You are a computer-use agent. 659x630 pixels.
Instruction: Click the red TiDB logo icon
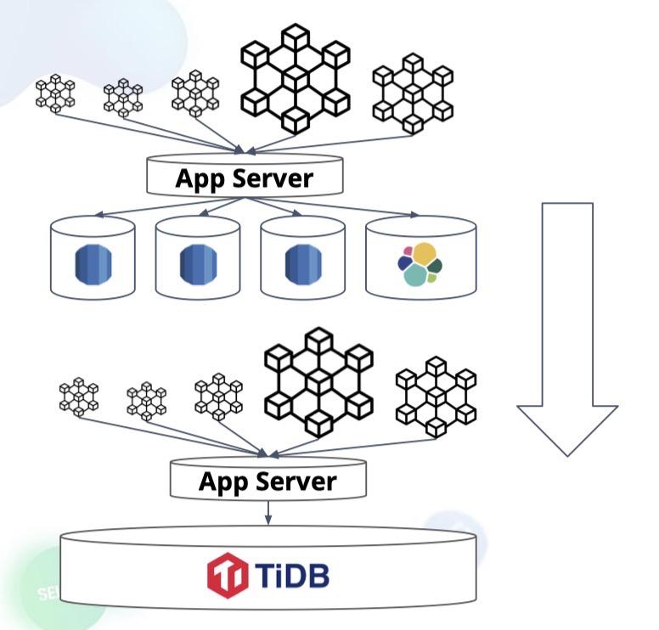pyautogui.click(x=227, y=575)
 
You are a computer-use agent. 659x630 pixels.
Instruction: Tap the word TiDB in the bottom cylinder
pyautogui.click(x=290, y=575)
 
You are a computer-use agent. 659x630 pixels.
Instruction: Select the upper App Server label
pyautogui.click(x=245, y=179)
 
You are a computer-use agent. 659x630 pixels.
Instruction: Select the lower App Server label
pyautogui.click(x=268, y=481)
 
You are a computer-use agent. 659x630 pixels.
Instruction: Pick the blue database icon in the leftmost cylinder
pyautogui.click(x=92, y=263)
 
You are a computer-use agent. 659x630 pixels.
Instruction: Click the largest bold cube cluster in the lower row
pyautogui.click(x=318, y=385)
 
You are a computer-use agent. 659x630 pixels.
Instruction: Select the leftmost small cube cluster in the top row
pyautogui.click(x=55, y=94)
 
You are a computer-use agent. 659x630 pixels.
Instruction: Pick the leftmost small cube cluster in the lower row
pyautogui.click(x=79, y=397)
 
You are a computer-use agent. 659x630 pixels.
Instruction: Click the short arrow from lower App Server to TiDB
pyautogui.click(x=268, y=513)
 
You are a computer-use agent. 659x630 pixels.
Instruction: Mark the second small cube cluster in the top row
pyautogui.click(x=123, y=96)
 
